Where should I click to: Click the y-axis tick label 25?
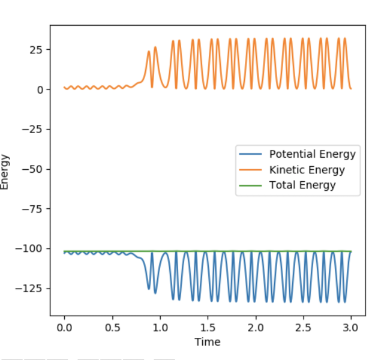[37, 49]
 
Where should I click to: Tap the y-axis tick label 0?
[40, 89]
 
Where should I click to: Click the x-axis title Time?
[207, 342]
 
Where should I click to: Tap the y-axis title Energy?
[5, 172]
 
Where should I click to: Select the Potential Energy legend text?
[312, 154]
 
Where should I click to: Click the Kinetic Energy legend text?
[307, 170]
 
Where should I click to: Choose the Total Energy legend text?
[302, 185]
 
